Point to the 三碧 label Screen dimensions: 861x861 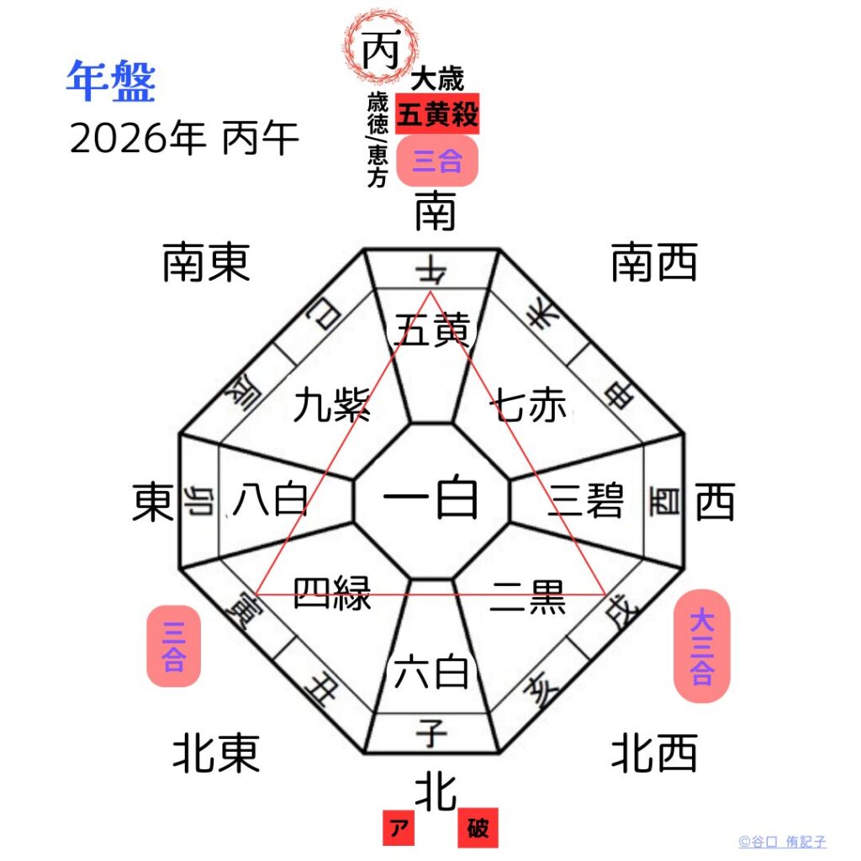click(585, 502)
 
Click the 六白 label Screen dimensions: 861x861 click(431, 672)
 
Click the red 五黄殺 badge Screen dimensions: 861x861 click(437, 114)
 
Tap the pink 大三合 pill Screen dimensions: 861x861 click(702, 646)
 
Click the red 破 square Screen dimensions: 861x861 click(478, 829)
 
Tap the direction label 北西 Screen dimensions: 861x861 click(654, 753)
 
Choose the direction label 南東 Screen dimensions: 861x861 click(207, 263)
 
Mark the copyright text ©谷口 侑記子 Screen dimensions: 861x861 click(782, 842)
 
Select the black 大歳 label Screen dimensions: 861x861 click(437, 80)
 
